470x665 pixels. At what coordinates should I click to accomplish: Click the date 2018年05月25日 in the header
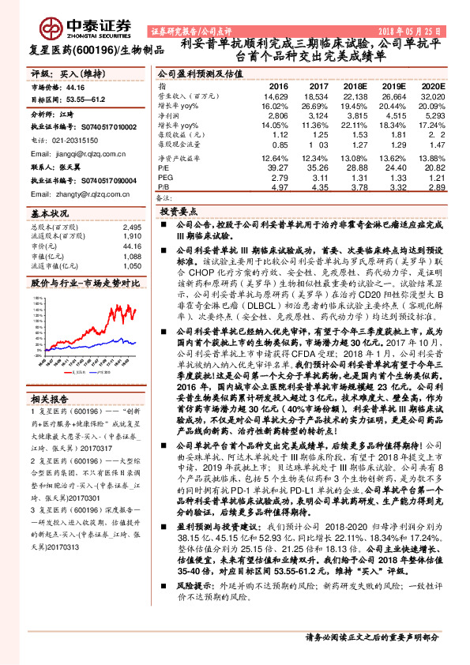click(428, 30)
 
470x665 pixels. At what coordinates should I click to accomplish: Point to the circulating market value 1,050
click(132, 267)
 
